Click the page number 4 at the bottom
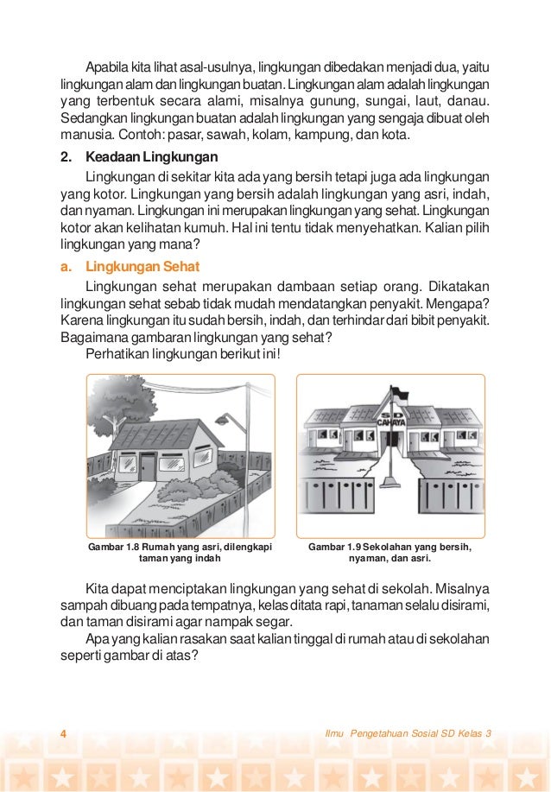point(63,733)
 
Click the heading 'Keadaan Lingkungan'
point(151,157)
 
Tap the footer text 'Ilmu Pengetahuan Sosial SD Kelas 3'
point(406,733)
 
